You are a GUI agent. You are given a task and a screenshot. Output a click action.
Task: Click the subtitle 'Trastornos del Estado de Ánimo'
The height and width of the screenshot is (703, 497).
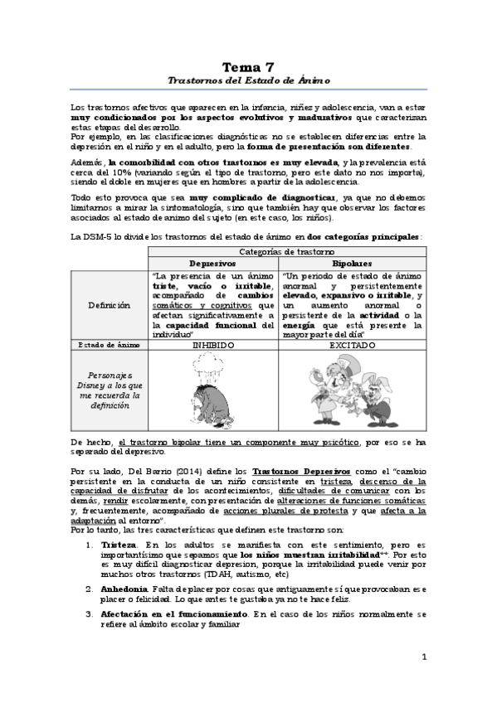pos(248,80)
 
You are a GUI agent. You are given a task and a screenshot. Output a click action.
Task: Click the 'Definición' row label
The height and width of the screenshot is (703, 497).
pos(110,304)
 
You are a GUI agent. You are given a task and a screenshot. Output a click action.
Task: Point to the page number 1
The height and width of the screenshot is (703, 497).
pos(423,657)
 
